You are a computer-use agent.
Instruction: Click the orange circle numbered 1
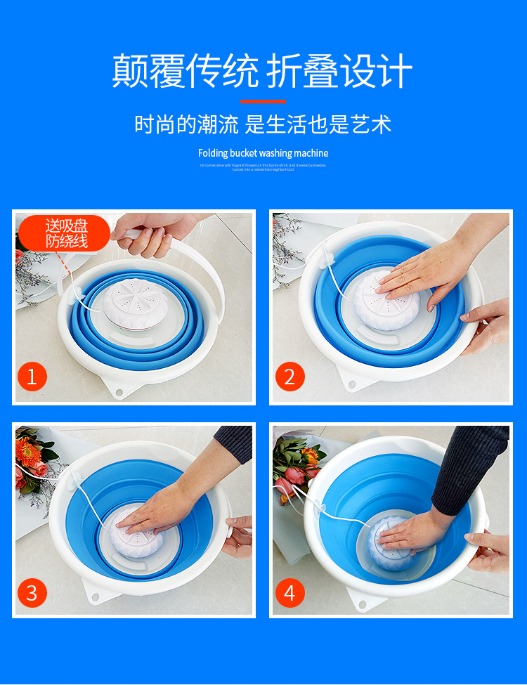pyautogui.click(x=32, y=377)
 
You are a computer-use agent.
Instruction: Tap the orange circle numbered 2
pyautogui.click(x=289, y=377)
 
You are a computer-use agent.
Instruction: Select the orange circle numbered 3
pyautogui.click(x=32, y=593)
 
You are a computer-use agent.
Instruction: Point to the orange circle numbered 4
pyautogui.click(x=289, y=593)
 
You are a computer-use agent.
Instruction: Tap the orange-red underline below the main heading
pyautogui.click(x=263, y=101)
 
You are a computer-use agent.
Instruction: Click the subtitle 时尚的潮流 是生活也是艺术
pyautogui.click(x=263, y=125)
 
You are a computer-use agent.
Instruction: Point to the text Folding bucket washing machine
pyautogui.click(x=263, y=153)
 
